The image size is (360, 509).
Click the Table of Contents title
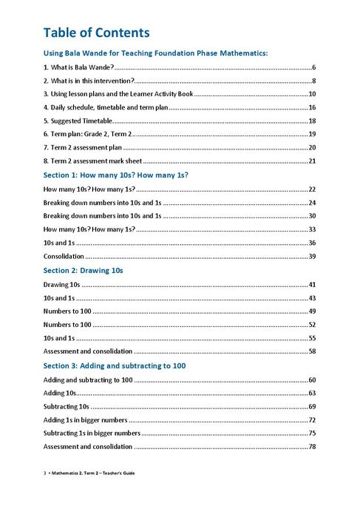(96, 33)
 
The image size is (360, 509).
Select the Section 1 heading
(115, 175)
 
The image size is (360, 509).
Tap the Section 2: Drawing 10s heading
(83, 270)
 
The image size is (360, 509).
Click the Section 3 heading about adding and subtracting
(114, 365)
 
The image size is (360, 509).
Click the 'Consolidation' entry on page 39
(64, 256)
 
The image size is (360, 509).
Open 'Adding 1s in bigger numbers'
(85, 419)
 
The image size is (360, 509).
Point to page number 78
(312, 446)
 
